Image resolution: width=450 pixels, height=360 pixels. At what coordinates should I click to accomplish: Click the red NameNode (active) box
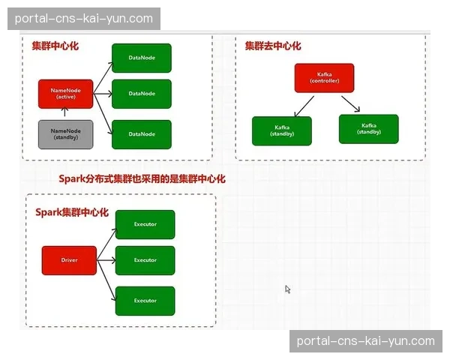point(65,94)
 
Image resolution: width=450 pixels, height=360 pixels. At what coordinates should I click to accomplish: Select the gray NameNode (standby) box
point(65,133)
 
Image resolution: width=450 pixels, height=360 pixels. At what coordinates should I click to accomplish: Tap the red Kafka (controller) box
point(324,78)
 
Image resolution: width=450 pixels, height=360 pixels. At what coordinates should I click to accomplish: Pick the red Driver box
point(69,260)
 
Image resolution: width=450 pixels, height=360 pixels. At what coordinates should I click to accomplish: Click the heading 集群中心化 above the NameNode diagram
point(55,46)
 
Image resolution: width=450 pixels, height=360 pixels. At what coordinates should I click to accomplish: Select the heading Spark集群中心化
point(72,212)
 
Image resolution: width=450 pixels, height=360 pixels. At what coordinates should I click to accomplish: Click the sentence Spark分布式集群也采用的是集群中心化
point(142,179)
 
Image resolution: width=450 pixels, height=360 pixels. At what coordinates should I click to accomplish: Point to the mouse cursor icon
point(287,289)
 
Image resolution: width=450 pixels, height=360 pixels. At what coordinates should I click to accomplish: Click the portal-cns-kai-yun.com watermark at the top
point(83,19)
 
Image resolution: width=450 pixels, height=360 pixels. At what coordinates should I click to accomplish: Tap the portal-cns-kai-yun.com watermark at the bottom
point(365,341)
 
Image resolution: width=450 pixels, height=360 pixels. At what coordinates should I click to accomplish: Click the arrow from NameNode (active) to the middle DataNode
point(102,94)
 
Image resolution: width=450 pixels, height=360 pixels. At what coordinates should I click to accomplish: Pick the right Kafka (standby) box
point(368,128)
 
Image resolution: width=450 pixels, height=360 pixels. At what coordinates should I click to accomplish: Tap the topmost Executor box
point(145,224)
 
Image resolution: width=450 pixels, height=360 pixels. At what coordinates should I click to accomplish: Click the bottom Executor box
point(145,301)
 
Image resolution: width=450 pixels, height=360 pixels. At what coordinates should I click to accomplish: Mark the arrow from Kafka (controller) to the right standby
point(349,103)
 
